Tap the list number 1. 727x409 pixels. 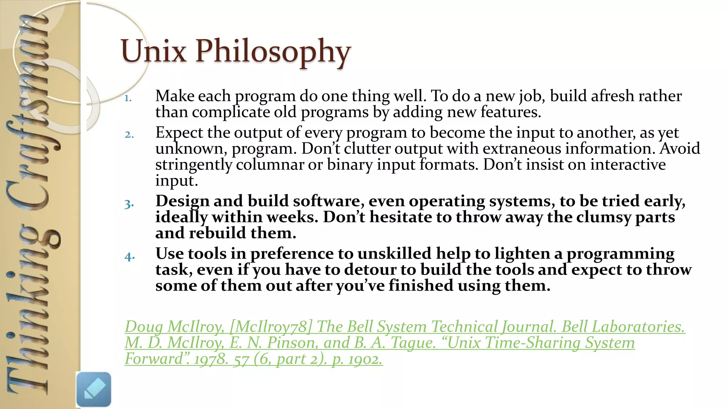click(x=128, y=98)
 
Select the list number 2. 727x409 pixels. click(x=129, y=135)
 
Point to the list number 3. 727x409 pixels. click(x=129, y=204)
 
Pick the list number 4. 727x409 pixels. click(x=130, y=256)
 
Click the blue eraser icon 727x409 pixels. click(x=94, y=389)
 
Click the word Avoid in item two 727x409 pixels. click(x=679, y=148)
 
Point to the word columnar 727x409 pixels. click(x=270, y=165)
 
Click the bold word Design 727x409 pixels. click(x=182, y=201)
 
